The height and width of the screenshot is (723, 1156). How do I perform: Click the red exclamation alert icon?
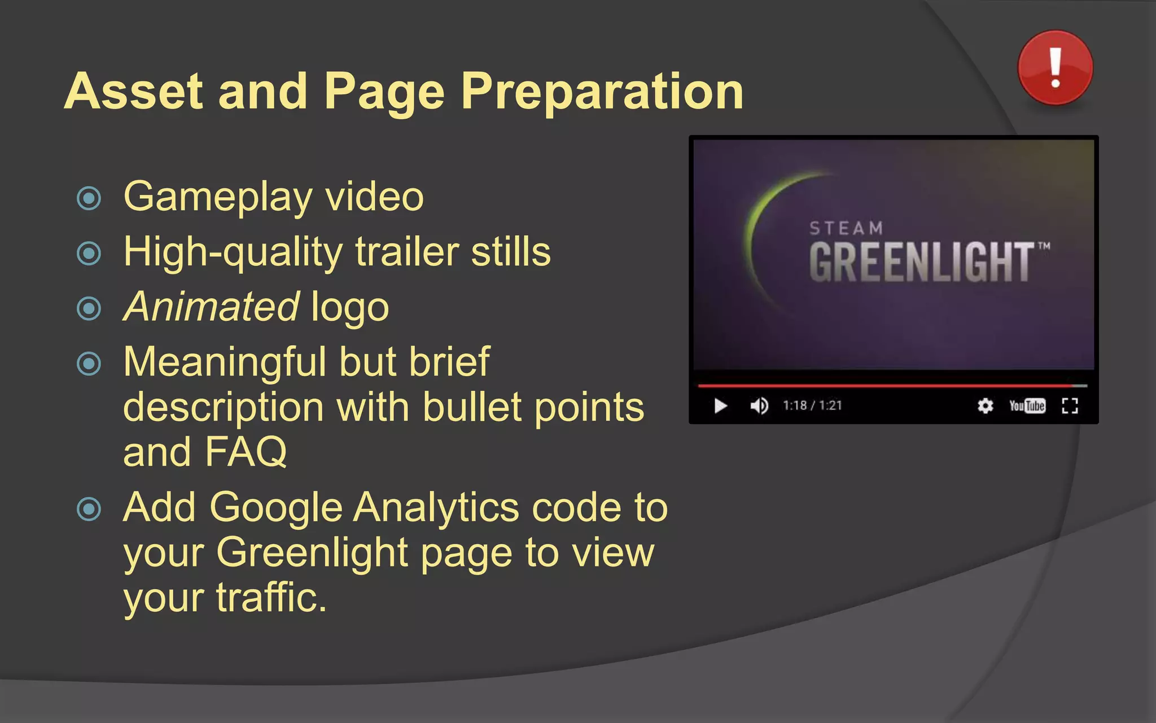point(1055,68)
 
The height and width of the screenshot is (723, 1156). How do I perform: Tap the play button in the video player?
point(720,406)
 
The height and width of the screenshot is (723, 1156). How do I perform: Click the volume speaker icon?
point(759,406)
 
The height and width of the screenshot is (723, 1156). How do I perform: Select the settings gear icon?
point(985,406)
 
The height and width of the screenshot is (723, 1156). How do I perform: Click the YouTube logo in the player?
point(1027,406)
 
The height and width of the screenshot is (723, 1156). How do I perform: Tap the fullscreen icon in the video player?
point(1070,406)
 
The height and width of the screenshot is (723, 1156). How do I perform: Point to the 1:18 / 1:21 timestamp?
point(812,406)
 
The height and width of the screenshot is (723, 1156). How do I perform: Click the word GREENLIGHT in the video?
point(922,262)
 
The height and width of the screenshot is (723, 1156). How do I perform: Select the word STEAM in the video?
point(846,228)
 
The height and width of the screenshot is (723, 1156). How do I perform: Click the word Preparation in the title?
point(602,92)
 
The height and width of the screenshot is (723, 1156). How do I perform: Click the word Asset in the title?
point(134,92)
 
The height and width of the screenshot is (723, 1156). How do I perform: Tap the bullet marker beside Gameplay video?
point(89,198)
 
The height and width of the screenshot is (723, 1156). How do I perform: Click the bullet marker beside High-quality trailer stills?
point(89,253)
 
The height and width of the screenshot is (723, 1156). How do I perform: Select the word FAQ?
point(246,452)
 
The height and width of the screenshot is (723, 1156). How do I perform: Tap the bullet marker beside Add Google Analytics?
point(89,509)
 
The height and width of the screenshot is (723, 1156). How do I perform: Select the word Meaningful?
point(224,361)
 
